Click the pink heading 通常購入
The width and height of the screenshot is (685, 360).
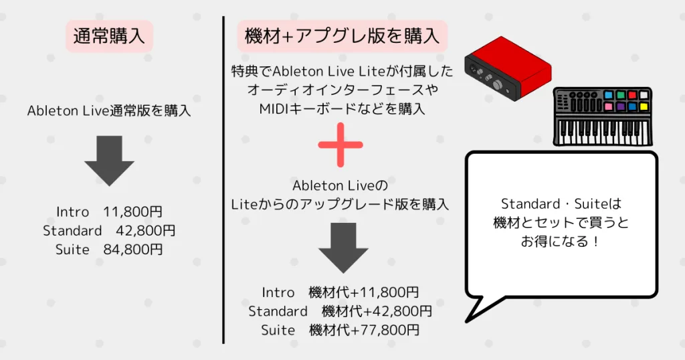click(x=109, y=35)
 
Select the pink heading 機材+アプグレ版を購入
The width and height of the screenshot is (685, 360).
click(x=342, y=35)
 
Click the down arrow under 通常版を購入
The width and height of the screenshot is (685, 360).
click(x=109, y=161)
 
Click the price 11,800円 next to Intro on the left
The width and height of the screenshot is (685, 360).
click(x=132, y=212)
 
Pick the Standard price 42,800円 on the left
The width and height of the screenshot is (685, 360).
click(x=144, y=231)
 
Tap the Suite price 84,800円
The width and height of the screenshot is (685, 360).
click(x=132, y=250)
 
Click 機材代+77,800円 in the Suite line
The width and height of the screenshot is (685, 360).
click(x=364, y=330)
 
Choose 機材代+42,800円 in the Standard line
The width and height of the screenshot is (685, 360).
click(x=376, y=311)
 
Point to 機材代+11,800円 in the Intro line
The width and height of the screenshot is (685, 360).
click(x=364, y=292)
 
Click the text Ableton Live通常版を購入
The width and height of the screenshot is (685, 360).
click(x=109, y=111)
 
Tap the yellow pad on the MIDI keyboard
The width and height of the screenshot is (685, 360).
click(x=643, y=106)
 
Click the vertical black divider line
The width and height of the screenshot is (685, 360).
click(x=223, y=181)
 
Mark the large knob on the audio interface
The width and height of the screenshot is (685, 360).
click(x=498, y=86)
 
